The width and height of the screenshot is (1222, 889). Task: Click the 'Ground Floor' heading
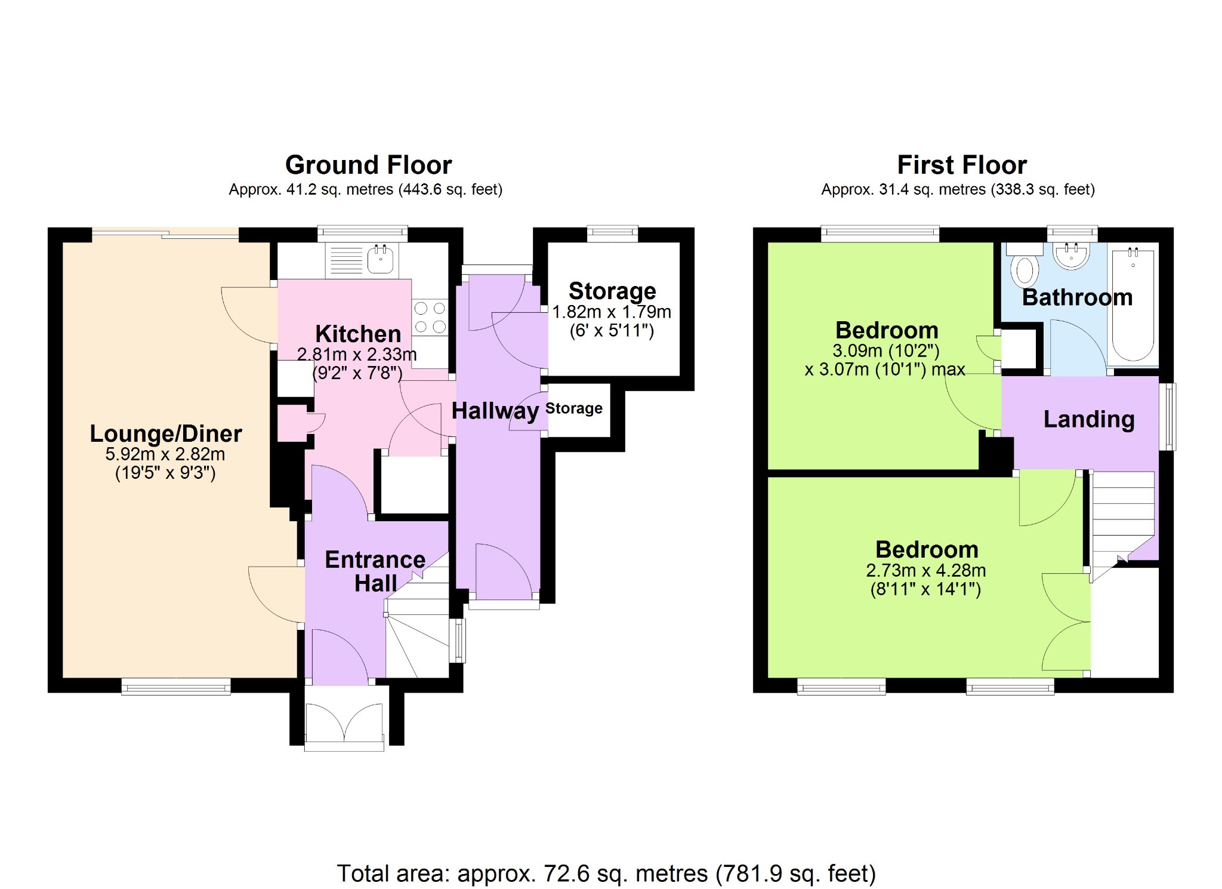coord(368,165)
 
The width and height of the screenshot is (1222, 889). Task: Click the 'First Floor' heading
coord(962,165)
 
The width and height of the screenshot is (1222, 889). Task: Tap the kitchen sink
coord(380,260)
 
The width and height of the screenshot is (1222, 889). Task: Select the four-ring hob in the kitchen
coord(430,317)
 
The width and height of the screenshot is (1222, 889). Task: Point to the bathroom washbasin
coord(1072,256)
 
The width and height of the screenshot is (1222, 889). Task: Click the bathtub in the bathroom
coord(1132,304)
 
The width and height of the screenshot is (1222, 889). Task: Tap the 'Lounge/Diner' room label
coord(166,434)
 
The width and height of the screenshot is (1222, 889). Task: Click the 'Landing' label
coord(1089,420)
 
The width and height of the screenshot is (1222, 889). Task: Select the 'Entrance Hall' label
coord(375,571)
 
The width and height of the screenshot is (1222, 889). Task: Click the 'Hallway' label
coord(495,411)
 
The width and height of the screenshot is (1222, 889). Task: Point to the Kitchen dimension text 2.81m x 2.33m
coord(357,354)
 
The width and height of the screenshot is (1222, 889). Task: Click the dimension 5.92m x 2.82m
coord(165,454)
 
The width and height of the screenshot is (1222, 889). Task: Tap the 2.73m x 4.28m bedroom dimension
coord(926,570)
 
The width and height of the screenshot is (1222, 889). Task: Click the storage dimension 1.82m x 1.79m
coord(612,312)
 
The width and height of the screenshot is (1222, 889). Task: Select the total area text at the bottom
coord(606,873)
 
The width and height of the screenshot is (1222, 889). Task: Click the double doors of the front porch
coord(344,724)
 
